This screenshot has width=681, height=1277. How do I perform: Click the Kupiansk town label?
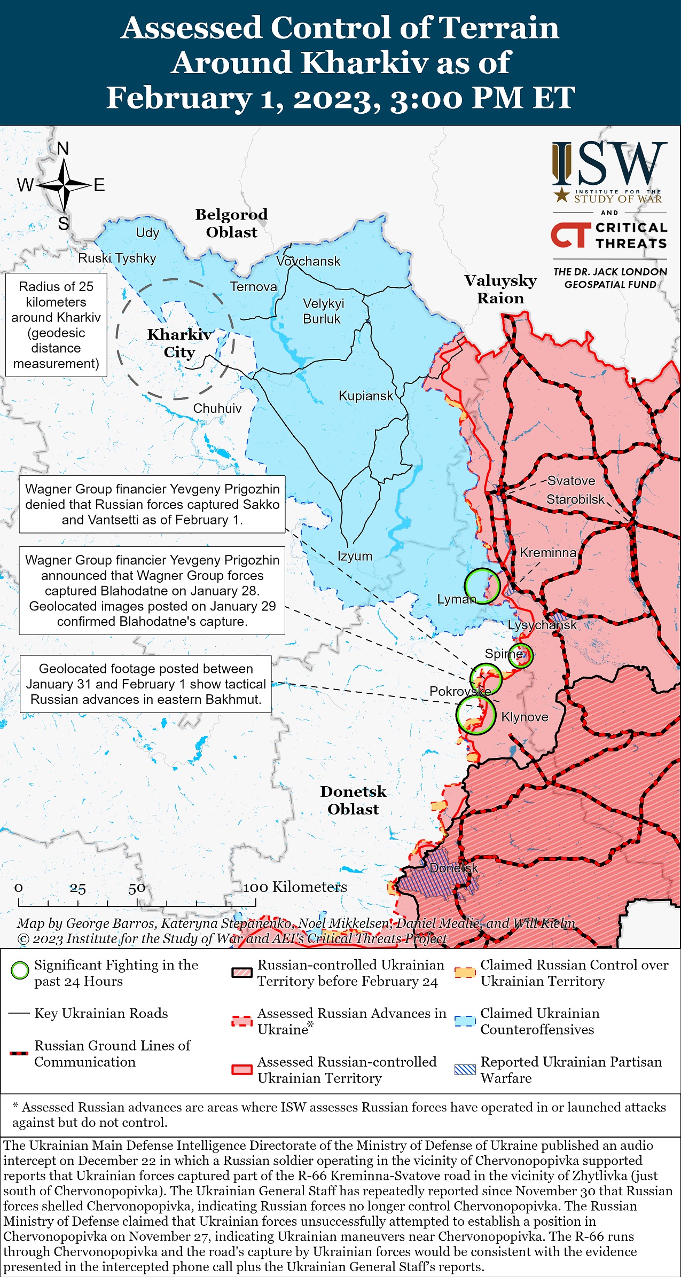[365, 396]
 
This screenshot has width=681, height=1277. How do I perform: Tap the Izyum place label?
[355, 556]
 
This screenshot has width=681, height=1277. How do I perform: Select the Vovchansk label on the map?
[308, 261]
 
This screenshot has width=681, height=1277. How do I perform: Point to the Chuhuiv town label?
[217, 408]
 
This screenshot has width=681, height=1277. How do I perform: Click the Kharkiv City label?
[179, 343]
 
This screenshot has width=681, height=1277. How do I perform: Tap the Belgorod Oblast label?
[231, 223]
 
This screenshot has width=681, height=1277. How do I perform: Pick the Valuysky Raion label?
[500, 289]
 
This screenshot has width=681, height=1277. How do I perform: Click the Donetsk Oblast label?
[353, 800]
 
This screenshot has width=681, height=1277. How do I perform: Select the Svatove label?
[571, 481]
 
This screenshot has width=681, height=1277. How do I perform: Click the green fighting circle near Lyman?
[482, 586]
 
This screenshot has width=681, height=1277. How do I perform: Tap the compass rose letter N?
[63, 148]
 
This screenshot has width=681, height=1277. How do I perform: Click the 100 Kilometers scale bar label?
[295, 887]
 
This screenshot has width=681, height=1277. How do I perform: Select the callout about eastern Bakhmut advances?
[145, 684]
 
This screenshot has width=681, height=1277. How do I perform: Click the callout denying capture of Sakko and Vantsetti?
[152, 504]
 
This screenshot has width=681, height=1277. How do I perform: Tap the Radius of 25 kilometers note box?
[56, 325]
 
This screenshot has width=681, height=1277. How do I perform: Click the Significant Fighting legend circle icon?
[20, 970]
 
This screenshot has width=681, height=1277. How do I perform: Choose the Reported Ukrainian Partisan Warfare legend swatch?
[465, 1069]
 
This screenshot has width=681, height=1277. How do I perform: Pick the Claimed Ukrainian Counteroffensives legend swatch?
[465, 1021]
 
